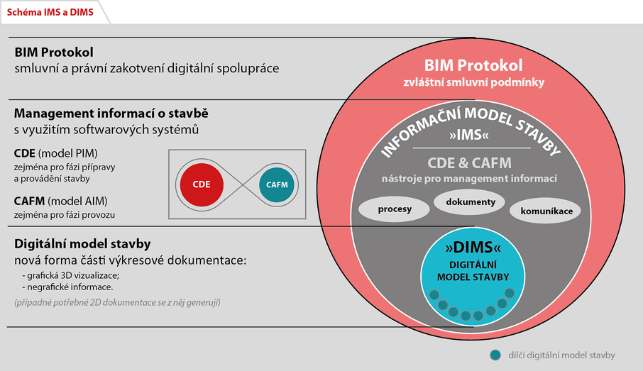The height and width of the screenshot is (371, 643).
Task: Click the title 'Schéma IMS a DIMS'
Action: click(50, 12)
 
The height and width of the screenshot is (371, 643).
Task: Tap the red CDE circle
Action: click(202, 184)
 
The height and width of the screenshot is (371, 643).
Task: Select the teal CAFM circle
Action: click(277, 185)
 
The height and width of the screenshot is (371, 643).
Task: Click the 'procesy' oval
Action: click(394, 209)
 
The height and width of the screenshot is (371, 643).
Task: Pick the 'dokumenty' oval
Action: click(470, 201)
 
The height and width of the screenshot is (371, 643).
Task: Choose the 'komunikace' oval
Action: click(545, 211)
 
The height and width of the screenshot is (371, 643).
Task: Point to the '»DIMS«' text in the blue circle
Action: click(473, 247)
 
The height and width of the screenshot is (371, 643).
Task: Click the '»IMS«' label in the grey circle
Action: click(468, 135)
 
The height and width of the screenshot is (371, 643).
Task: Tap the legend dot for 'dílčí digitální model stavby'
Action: click(495, 355)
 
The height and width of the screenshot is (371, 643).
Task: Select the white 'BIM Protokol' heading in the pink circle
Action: click(473, 65)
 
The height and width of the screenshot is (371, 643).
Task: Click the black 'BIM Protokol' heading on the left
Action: click(54, 52)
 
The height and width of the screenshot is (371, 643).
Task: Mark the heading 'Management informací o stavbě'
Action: click(111, 113)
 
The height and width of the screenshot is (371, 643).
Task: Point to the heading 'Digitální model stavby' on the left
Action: click(82, 244)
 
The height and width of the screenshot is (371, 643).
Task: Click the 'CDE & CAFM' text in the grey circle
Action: click(470, 163)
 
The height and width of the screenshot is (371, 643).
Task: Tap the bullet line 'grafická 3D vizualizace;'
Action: click(71, 275)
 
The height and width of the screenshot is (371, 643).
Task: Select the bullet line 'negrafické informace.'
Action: click(67, 287)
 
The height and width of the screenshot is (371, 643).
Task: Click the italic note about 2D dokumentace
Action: click(117, 302)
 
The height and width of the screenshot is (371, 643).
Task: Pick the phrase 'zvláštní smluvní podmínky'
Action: click(473, 82)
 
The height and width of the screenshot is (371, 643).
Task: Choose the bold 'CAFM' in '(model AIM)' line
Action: click(29, 201)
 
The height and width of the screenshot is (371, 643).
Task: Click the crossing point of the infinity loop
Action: click(244, 185)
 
